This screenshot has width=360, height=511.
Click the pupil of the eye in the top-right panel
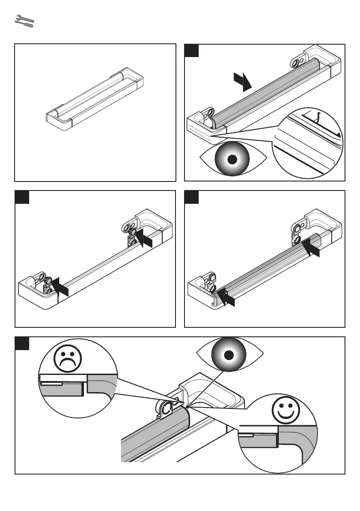tap(232, 160)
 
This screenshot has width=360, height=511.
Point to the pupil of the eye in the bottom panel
tap(229, 355)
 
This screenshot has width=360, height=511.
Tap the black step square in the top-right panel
tap(192, 51)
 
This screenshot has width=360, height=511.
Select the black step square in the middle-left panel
tap(22, 198)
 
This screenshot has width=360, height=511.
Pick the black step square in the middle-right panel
tap(192, 198)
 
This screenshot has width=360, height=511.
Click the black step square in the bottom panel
tap(22, 344)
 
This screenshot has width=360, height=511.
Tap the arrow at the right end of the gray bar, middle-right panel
tap(310, 248)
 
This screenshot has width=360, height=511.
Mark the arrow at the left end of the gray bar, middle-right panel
tap(227, 297)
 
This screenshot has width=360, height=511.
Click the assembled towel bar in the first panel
tap(94, 99)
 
